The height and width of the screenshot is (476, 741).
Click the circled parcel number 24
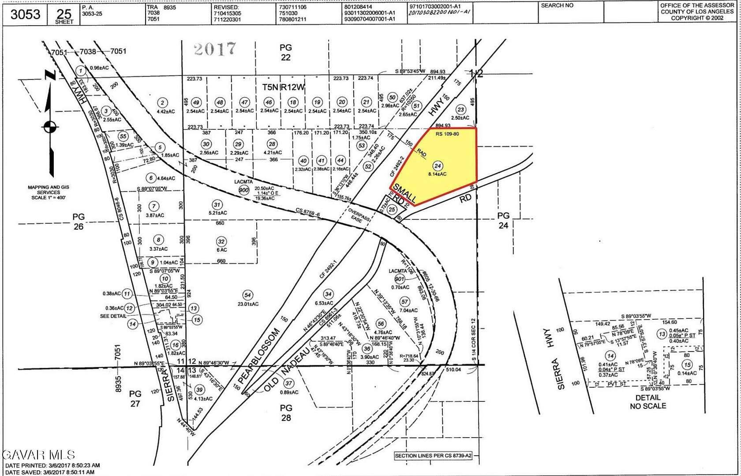[x=437, y=166]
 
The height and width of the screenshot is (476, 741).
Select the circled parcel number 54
[x=247, y=295]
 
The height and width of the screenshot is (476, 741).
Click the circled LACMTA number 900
[x=244, y=190]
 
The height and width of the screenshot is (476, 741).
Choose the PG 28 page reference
[x=286, y=413]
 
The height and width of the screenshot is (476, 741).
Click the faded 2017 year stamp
[x=215, y=48]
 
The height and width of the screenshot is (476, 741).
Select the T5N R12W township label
[x=284, y=87]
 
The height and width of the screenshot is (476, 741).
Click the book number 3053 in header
[x=26, y=14]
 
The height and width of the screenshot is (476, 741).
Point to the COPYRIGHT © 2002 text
[x=697, y=18]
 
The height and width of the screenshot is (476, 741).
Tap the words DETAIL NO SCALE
[x=647, y=402]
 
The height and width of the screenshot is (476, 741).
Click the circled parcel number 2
[x=162, y=103]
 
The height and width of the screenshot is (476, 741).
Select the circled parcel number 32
[x=221, y=242]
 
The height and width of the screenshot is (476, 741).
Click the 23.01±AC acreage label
[x=248, y=304]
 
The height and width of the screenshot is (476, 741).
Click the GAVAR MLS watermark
[x=39, y=455]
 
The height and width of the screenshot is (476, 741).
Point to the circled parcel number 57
[x=404, y=302]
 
